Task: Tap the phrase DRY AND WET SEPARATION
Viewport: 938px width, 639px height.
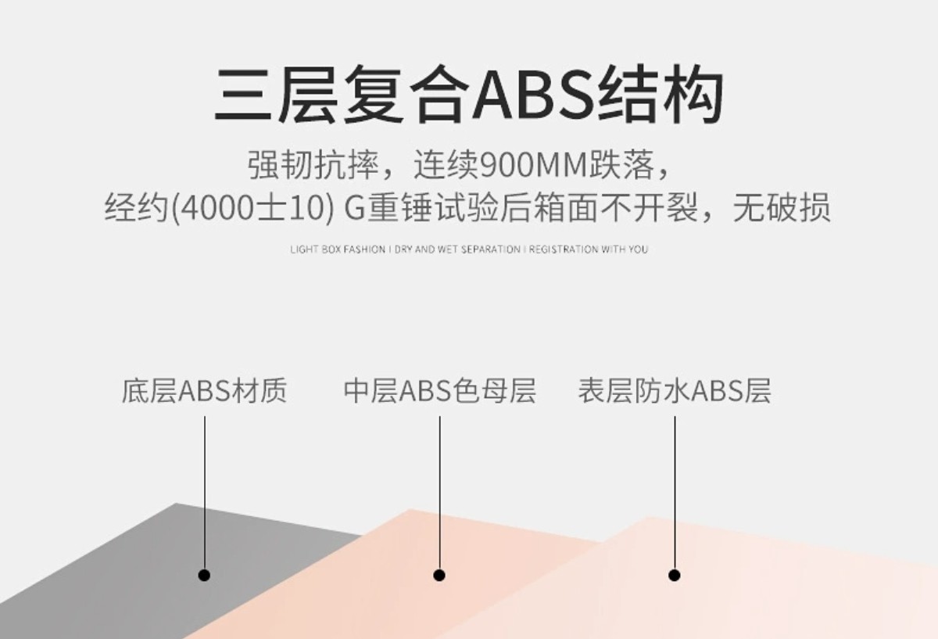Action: (457, 249)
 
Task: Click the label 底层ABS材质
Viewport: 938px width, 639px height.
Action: (204, 390)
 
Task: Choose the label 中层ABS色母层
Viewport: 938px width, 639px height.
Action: (439, 390)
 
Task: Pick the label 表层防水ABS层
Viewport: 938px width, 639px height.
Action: (674, 390)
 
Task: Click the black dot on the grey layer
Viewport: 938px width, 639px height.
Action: (205, 575)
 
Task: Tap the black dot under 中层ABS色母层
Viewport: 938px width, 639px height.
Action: (439, 575)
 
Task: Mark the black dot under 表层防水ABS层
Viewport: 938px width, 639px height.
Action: (675, 575)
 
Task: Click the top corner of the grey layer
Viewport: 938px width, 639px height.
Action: (177, 505)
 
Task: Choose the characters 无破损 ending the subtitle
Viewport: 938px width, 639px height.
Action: (781, 209)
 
